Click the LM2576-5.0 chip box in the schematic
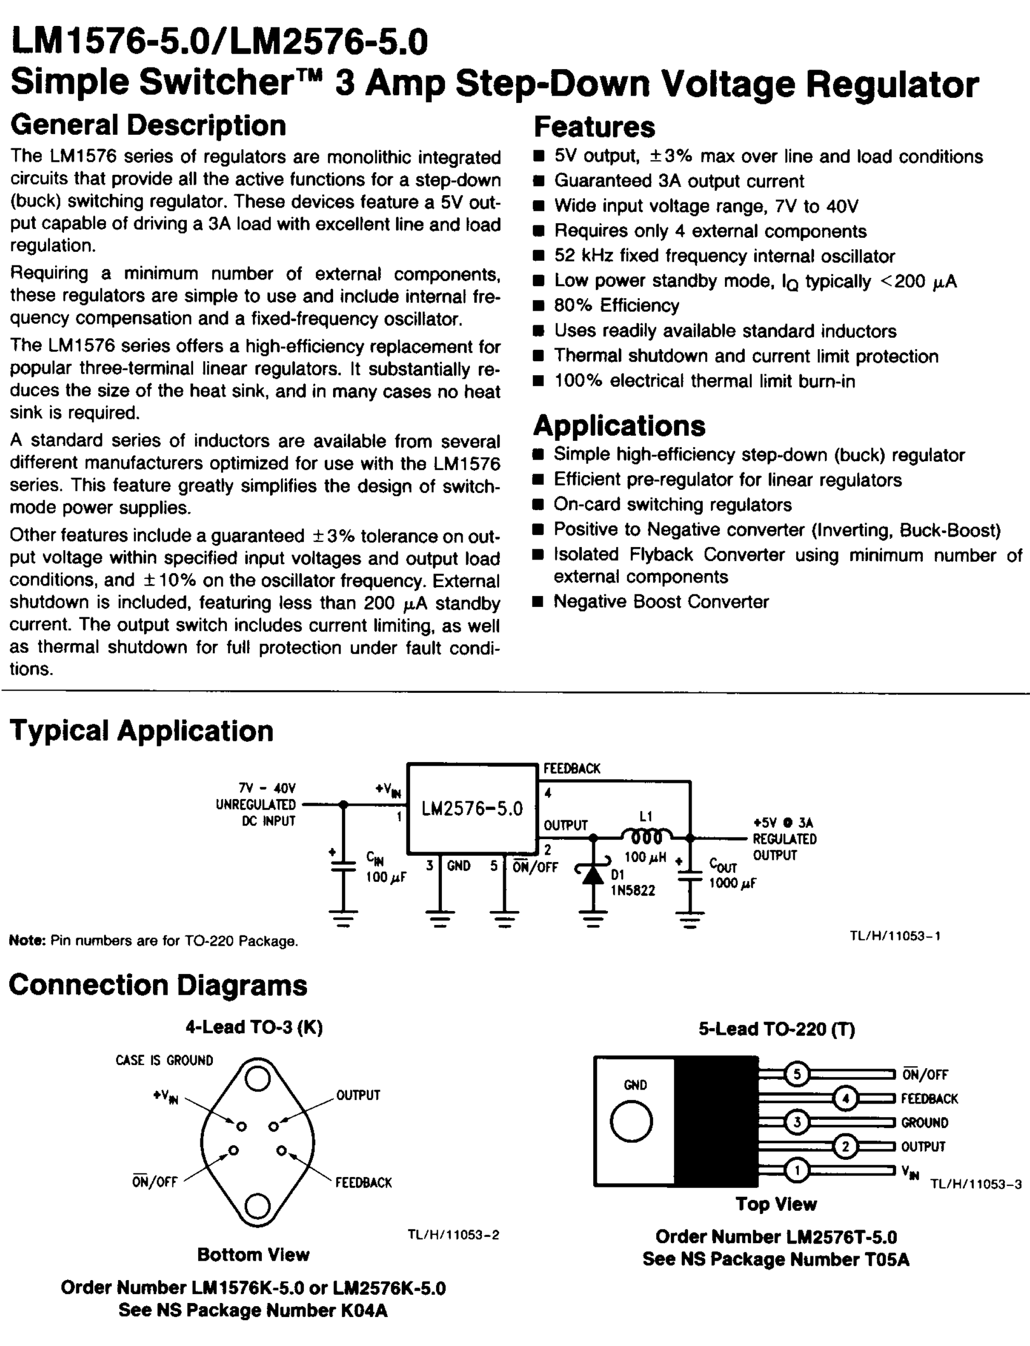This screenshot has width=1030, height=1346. tap(472, 808)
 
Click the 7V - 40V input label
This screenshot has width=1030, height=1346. tap(267, 788)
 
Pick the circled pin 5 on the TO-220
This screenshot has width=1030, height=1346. tap(796, 1074)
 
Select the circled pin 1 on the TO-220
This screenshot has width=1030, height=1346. tap(796, 1170)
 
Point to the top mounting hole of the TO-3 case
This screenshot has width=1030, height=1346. tap(257, 1079)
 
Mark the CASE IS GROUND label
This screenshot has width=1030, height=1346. tap(164, 1060)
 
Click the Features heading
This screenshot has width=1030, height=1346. tap(594, 127)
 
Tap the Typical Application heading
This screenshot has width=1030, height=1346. tap(141, 731)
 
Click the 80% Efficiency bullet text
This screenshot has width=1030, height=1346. tap(616, 305)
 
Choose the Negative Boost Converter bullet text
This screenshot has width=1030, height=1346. tap(661, 602)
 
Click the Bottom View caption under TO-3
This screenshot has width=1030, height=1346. tap(253, 1255)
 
